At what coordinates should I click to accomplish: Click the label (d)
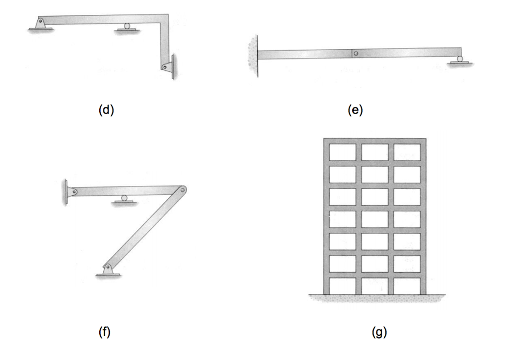coord(106,109)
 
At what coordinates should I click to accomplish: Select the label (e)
coord(355,109)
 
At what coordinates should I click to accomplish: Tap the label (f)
coord(105,332)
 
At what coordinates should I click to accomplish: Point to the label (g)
coord(379,333)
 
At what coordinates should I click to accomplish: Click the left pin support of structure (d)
coord(40,23)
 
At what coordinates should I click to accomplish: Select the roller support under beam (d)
coord(127,28)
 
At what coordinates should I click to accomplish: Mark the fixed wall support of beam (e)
coord(253,54)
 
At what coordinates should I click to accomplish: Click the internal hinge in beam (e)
coord(354,53)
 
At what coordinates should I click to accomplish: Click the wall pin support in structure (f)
coord(71,192)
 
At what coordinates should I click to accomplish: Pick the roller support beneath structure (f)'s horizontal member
coord(123,199)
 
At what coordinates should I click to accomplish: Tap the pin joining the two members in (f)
coord(182,190)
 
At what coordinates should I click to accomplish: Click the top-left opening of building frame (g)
coord(343,152)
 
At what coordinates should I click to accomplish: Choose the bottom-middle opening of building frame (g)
coord(375,286)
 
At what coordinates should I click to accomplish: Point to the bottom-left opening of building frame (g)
coord(343,286)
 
